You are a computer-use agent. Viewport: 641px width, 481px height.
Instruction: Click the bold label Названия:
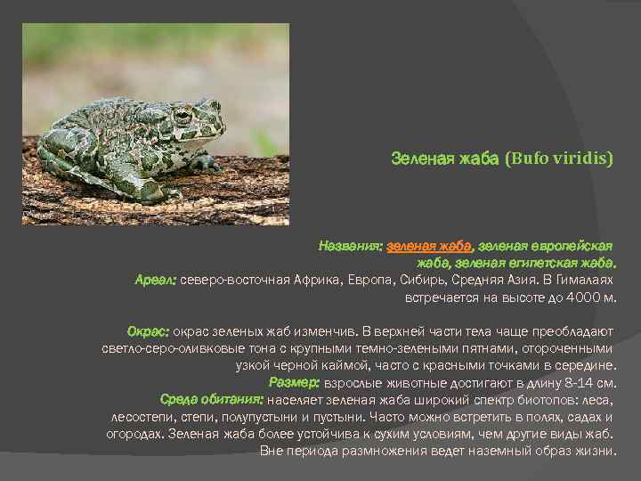[352, 244]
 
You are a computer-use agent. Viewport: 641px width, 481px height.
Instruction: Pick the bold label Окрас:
[148, 330]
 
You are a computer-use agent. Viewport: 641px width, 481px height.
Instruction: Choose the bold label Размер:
[294, 381]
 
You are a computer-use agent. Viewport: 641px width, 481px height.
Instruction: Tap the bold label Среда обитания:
[210, 399]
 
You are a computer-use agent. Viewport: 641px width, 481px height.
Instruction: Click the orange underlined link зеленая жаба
[429, 244]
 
